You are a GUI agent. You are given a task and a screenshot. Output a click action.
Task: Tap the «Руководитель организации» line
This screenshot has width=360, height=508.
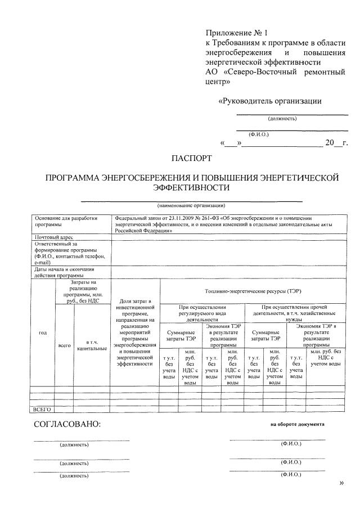269,101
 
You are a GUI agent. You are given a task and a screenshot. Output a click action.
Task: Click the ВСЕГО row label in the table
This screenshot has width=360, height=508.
43,410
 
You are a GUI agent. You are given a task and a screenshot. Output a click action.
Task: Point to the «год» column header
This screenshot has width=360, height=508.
42,333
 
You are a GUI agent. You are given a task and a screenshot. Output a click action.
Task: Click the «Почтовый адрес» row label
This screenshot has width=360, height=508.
54,237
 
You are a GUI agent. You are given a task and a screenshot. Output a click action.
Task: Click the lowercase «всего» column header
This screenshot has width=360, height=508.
64,345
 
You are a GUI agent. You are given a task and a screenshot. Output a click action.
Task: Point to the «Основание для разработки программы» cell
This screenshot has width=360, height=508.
66,221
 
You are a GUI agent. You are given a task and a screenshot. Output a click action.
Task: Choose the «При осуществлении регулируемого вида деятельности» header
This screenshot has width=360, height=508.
202,313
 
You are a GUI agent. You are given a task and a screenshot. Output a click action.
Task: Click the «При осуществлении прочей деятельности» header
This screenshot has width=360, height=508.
286,313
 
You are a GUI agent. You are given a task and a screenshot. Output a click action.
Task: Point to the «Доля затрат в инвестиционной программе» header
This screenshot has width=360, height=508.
134,332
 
